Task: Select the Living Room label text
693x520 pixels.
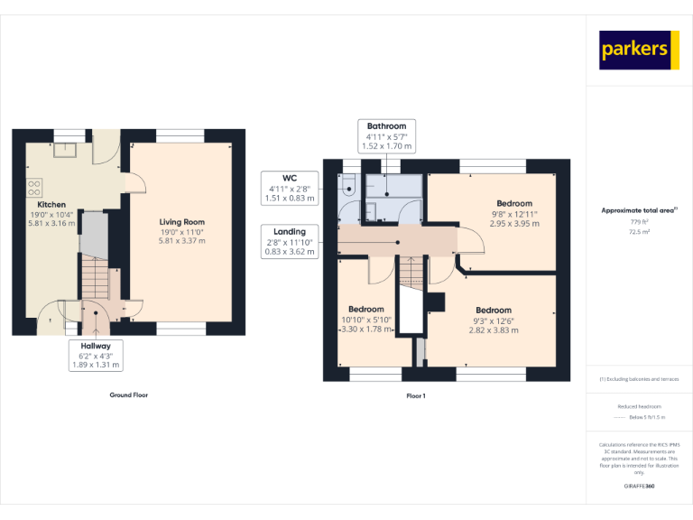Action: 182,222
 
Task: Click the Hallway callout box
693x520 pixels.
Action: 96,355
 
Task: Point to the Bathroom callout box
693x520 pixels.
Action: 386,135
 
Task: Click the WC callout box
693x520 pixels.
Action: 289,188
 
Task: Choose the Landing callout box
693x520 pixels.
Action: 290,241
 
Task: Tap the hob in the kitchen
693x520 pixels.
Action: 34,188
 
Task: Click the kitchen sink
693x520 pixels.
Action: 65,149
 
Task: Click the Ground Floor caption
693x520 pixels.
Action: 127,395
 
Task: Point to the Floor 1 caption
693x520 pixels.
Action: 416,395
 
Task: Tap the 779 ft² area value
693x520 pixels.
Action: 639,222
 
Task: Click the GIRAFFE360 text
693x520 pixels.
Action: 639,487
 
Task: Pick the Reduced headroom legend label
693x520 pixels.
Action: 639,407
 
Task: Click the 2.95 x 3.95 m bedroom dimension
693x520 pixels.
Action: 514,223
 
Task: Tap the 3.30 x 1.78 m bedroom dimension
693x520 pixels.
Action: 365,329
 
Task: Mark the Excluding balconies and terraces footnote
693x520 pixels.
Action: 639,379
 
